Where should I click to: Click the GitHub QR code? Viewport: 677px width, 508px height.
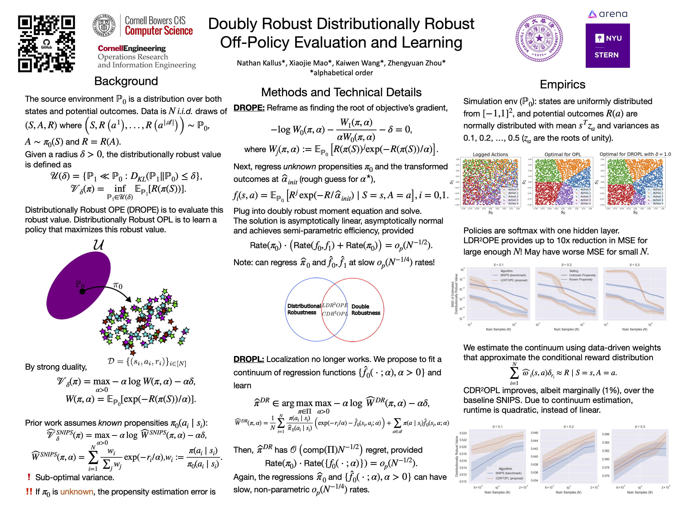click(46, 44)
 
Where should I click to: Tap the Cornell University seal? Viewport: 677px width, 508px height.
click(104, 25)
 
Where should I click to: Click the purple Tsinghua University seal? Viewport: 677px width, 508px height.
click(539, 38)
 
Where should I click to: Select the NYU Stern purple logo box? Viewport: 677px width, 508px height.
click(607, 46)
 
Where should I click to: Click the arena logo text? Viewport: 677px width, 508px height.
click(613, 14)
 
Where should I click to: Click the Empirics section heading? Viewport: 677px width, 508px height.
click(562, 84)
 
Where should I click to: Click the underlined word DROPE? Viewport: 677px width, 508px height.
click(249, 108)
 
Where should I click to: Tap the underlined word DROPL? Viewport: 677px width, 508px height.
click(249, 359)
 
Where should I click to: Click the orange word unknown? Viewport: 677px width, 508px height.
click(77, 492)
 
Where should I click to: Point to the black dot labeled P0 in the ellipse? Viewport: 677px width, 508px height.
click(82, 291)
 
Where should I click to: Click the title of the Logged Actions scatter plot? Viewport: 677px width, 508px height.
click(490, 154)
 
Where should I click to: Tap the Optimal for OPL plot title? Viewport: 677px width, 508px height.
click(563, 154)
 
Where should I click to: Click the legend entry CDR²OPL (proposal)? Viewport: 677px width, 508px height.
click(509, 478)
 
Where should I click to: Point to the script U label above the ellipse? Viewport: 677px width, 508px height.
click(99, 245)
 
